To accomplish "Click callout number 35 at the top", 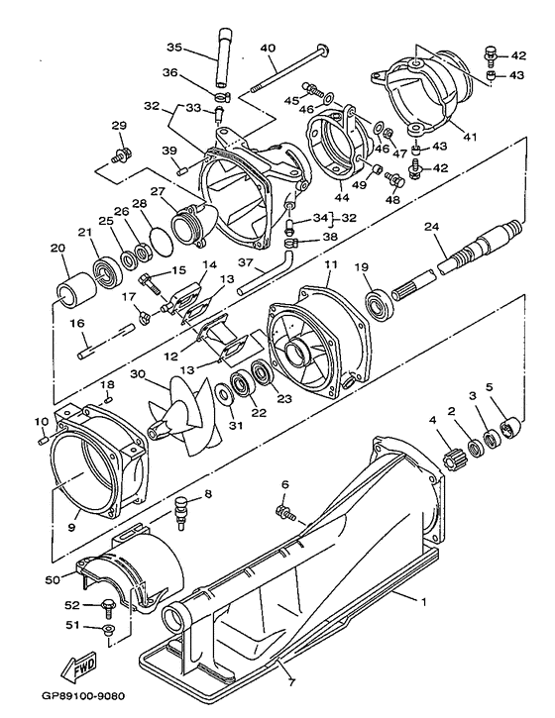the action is click(x=174, y=47).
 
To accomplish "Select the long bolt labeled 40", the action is click(x=287, y=67).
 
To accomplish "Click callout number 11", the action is click(x=331, y=264).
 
